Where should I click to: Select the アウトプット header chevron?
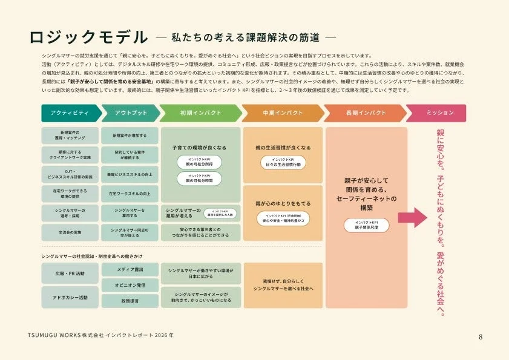click(x=130, y=113)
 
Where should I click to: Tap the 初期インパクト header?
click(x=200, y=113)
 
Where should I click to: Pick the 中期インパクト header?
click(x=282, y=113)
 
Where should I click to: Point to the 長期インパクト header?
click(x=365, y=113)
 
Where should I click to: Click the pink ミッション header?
click(x=436, y=113)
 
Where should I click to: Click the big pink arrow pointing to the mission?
click(x=412, y=217)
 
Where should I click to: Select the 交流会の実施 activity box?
click(x=70, y=232)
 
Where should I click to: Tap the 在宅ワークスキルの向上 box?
click(x=130, y=194)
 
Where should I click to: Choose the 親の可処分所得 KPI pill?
click(x=200, y=162)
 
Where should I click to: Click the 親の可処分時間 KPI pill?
click(x=200, y=178)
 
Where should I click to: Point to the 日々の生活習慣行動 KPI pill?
click(x=282, y=162)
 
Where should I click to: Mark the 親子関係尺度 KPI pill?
click(x=366, y=224)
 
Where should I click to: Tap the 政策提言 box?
click(x=130, y=301)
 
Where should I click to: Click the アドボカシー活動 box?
click(x=70, y=298)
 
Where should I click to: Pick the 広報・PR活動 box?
click(x=70, y=273)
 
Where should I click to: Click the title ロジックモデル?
click(x=88, y=38)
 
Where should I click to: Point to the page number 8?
click(x=481, y=336)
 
